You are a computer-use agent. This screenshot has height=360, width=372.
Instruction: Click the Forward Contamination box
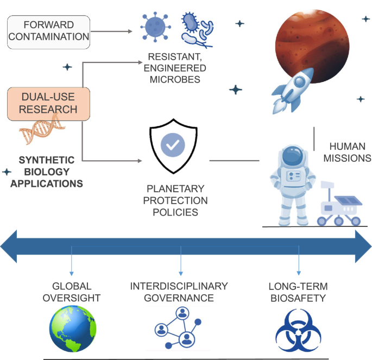pos(48,31)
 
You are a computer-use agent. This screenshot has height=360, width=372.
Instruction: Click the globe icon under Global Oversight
pos(72,329)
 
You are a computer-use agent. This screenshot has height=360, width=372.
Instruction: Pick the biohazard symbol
pos(298,330)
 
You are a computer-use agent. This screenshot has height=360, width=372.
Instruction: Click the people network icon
pos(179,328)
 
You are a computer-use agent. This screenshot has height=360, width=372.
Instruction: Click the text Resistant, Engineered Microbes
pos(177,68)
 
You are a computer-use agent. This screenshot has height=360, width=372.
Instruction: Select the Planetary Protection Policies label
pos(175,200)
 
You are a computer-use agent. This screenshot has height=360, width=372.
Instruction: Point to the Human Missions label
pos(350,152)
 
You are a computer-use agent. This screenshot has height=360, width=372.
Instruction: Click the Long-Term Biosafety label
pos(298,292)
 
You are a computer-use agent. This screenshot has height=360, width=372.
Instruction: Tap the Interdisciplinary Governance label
pos(179,292)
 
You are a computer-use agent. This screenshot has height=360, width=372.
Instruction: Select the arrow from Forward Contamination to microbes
pos(111,31)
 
